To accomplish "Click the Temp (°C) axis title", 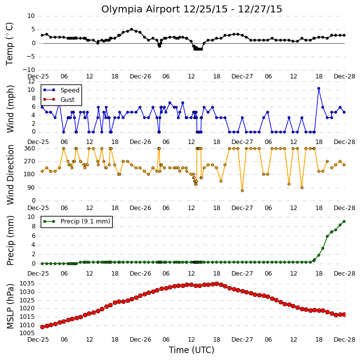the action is [x=9, y=44].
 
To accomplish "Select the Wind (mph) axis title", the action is [x=10, y=109].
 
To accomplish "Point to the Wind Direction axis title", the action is [x=10, y=175].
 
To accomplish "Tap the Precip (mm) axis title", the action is [x=10, y=240].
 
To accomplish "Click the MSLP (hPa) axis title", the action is [x=10, y=306].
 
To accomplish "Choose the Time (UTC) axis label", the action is [x=192, y=350].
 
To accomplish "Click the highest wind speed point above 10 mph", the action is [x=319, y=88].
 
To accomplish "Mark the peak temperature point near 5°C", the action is [x=132, y=29].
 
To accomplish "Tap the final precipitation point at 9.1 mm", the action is [x=344, y=221].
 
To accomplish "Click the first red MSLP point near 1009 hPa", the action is [x=42, y=327].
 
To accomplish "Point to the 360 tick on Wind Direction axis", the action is [x=30, y=148].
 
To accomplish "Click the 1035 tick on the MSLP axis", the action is [x=27, y=284].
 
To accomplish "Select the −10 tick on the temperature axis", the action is [x=28, y=70].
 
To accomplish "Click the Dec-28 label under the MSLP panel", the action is [x=345, y=340].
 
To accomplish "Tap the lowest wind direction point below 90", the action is [x=242, y=191].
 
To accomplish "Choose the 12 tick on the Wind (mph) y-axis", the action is [x=31, y=82].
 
